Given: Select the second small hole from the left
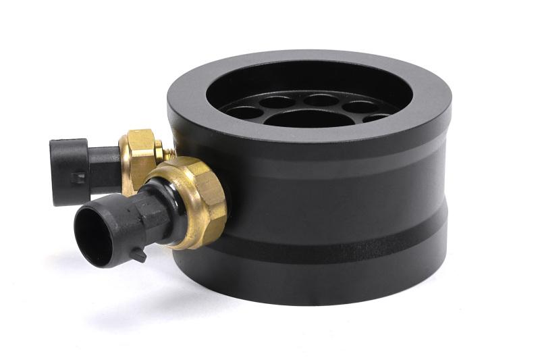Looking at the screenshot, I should tap(277, 103).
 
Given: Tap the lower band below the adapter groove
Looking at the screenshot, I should tap(324, 267).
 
